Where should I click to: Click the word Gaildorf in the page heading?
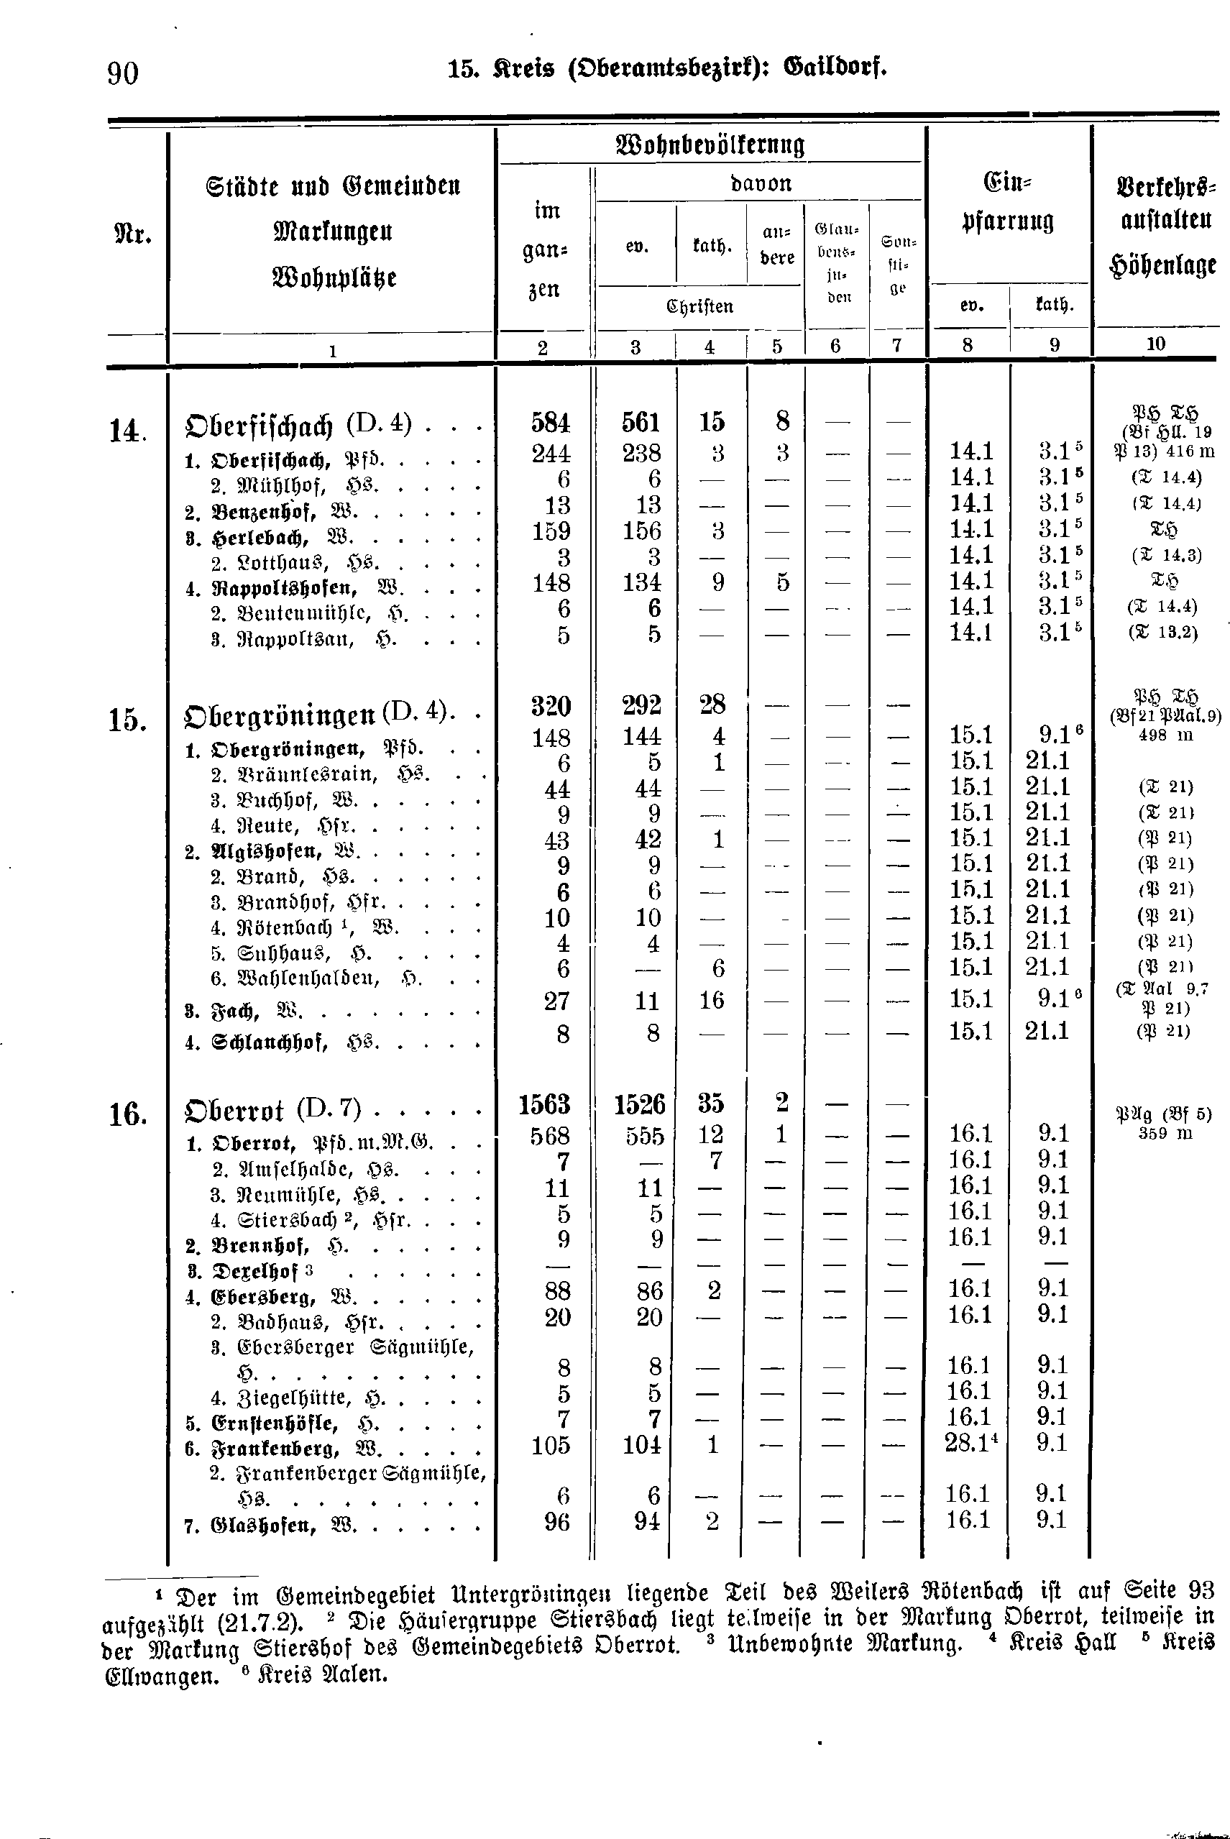(835, 68)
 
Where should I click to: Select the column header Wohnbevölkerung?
(711, 145)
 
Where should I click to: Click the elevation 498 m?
(1165, 735)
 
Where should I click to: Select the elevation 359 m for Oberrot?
(1165, 1133)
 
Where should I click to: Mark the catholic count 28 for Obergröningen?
(712, 705)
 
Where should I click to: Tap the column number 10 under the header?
(1155, 343)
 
